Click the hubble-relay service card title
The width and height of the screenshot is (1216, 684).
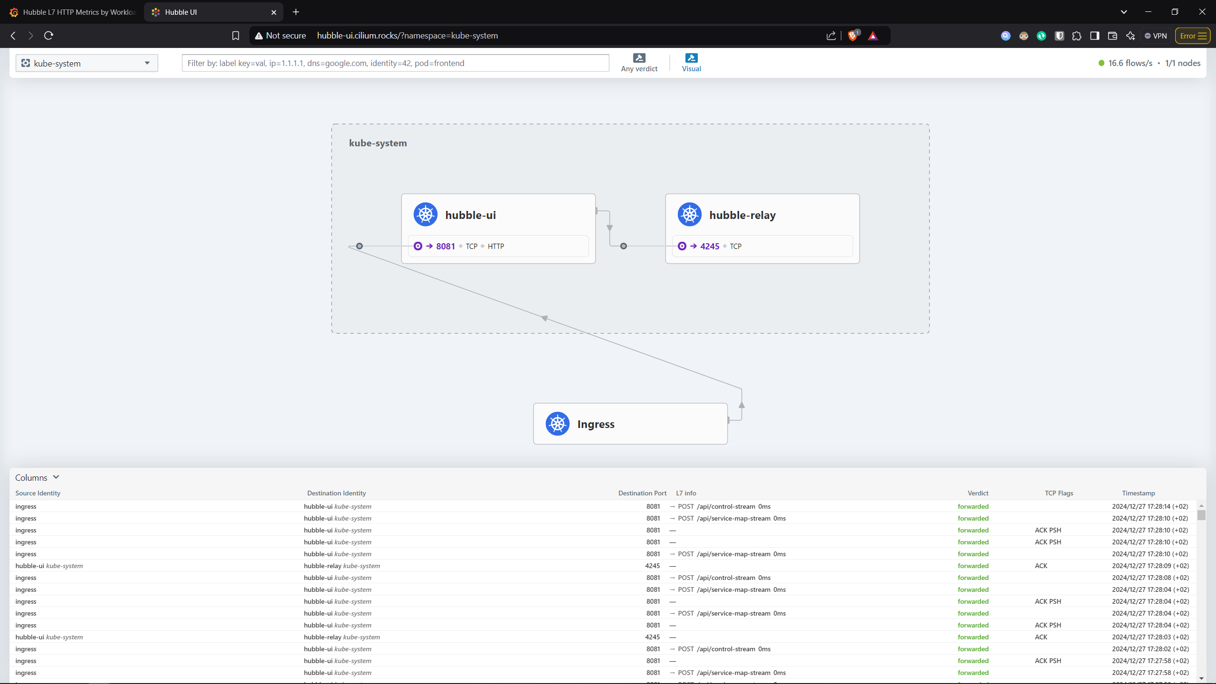742,215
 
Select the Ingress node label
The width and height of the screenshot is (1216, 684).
596,424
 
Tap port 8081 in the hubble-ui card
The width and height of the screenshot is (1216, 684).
446,246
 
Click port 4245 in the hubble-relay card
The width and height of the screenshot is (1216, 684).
710,246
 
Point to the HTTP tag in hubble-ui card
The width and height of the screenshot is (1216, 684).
496,246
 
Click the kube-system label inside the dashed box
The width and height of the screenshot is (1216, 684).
378,143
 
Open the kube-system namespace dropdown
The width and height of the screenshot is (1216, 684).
87,63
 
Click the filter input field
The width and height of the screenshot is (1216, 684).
395,63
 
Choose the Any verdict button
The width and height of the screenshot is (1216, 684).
639,63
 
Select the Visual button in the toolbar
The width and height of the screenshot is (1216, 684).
691,63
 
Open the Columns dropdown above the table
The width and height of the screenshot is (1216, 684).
37,477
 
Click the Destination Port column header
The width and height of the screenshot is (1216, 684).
642,493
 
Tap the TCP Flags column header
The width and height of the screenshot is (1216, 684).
1059,493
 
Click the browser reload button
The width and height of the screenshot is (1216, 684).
48,36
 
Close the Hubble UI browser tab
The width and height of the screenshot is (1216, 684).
274,12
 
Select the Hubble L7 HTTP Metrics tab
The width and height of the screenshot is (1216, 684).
73,12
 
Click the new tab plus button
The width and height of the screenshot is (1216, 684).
296,12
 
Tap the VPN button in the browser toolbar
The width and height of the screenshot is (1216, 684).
1156,36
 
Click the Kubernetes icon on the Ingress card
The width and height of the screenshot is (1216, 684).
558,424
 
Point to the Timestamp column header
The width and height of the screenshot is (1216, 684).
1138,493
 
